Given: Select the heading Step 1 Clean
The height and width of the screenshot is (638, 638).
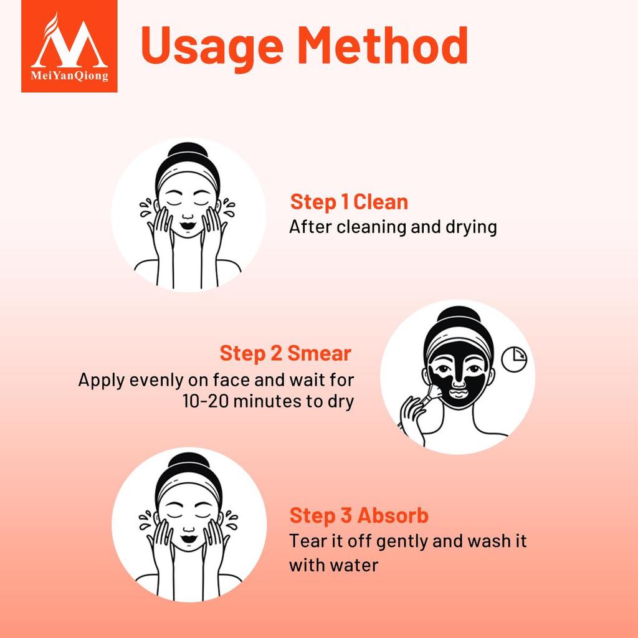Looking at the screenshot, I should pyautogui.click(x=349, y=202).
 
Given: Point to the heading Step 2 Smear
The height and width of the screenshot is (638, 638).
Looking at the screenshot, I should pyautogui.click(x=285, y=354).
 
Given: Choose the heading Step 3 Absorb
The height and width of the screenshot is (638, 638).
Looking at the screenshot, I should pyautogui.click(x=359, y=516).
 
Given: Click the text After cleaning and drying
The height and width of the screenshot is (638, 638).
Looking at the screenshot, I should pyautogui.click(x=393, y=227).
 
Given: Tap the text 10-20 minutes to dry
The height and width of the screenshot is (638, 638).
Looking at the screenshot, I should pyautogui.click(x=269, y=401).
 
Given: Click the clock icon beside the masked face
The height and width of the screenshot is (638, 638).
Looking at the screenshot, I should pyautogui.click(x=515, y=359).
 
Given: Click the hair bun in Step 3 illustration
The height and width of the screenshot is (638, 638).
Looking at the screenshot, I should pyautogui.click(x=188, y=464).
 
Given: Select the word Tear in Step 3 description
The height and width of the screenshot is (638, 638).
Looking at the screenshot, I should pyautogui.click(x=306, y=541).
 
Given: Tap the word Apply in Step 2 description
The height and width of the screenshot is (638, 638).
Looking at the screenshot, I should pyautogui.click(x=101, y=379).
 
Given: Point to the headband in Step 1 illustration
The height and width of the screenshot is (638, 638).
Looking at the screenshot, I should pyautogui.click(x=188, y=171).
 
